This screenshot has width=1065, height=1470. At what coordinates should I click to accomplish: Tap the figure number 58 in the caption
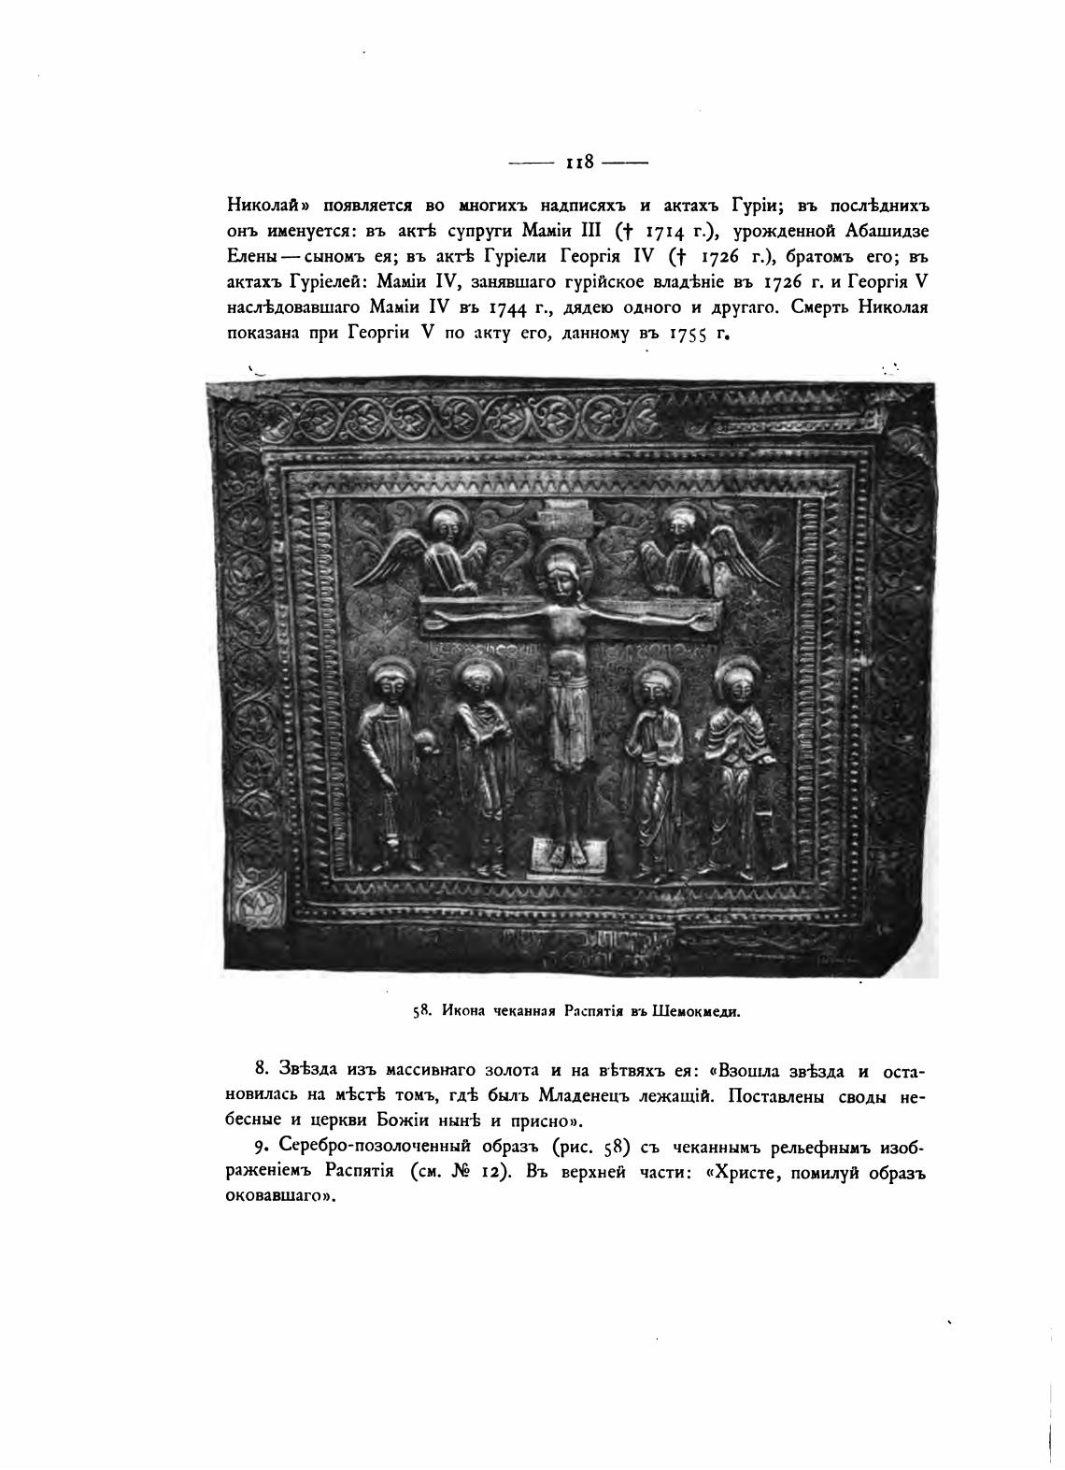(x=420, y=1009)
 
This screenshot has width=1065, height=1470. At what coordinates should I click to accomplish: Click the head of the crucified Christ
(x=558, y=573)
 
